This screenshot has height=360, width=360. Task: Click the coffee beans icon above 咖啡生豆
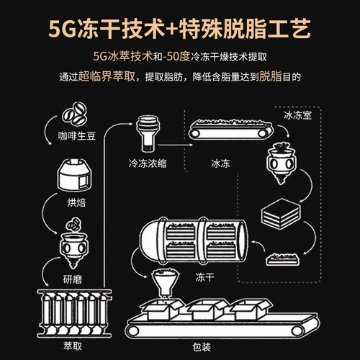[x=74, y=114]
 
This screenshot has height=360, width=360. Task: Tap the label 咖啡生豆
[x=77, y=136]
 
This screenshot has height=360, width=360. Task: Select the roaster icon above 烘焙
[x=74, y=175]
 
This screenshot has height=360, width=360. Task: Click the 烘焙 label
[x=76, y=203]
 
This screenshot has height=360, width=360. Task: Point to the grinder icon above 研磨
[x=73, y=243]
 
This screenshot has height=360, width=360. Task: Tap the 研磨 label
[x=73, y=279]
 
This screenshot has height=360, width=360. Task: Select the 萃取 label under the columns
[x=73, y=346]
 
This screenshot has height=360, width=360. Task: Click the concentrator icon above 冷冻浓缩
[x=148, y=133]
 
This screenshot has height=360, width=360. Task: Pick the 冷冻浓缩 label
[x=148, y=163]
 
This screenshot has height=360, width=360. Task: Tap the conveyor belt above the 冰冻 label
[x=230, y=130]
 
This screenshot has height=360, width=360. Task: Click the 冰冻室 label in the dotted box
[x=297, y=115]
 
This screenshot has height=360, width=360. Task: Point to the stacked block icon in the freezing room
[x=281, y=214]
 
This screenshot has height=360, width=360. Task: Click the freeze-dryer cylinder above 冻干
[x=194, y=240]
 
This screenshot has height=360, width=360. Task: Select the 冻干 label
[x=204, y=277]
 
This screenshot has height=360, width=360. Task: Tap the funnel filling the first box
[x=165, y=283]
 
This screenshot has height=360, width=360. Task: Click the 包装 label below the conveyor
[x=202, y=347]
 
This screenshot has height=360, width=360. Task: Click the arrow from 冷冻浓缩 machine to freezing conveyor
[x=175, y=145]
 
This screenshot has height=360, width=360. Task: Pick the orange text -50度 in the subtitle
[x=174, y=57]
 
